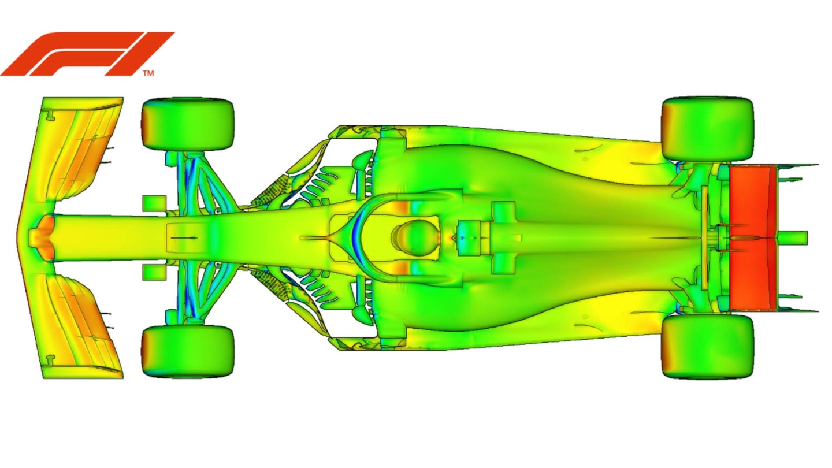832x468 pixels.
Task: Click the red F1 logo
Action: pos(87,53)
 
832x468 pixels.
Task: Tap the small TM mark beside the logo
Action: pos(148,73)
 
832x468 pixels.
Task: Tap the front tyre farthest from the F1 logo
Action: pos(187,351)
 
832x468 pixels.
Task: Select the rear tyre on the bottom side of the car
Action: pos(708,347)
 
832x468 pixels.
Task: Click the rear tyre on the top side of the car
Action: pos(708,128)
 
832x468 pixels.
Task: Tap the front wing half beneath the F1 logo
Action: pos(81,150)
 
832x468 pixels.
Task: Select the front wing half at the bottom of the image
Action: pos(81,326)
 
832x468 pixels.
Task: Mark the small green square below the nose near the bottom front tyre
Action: pos(154,272)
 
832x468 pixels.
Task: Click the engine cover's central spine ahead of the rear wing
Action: pos(636,237)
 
